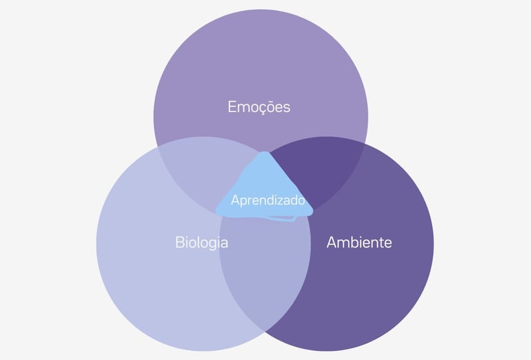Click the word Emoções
point(259,107)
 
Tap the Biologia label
point(201,243)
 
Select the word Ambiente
point(359,243)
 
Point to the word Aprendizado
point(268,200)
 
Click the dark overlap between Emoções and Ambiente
point(315,173)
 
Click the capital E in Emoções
point(232,107)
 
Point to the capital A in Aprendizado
point(235,200)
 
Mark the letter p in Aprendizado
point(243,202)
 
